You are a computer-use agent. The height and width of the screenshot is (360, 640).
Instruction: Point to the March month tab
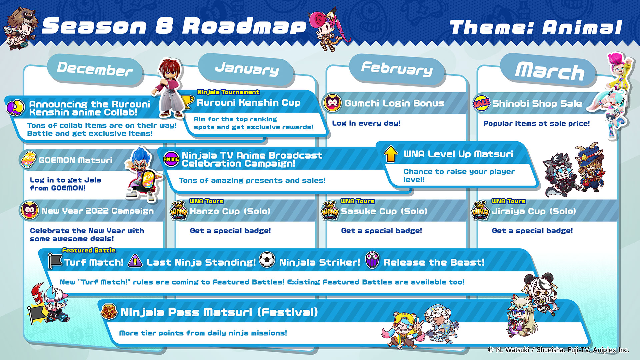(x=549, y=71)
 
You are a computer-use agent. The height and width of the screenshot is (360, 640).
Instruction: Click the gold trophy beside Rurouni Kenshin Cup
(x=187, y=102)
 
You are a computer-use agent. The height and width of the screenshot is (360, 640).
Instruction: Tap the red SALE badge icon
(x=481, y=103)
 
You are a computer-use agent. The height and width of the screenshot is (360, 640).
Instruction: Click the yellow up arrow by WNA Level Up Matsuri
(x=391, y=154)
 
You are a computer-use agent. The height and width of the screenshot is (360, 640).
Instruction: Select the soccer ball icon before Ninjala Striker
(x=267, y=260)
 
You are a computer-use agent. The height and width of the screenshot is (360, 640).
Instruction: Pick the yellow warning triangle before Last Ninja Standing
(x=135, y=261)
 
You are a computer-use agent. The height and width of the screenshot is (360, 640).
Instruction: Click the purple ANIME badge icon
(x=171, y=159)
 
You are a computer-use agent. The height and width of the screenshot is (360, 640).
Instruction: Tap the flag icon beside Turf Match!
(x=55, y=261)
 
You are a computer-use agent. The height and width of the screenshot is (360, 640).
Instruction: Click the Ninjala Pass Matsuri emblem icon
(x=109, y=312)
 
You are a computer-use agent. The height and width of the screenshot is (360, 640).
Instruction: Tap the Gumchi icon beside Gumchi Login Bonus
(x=332, y=103)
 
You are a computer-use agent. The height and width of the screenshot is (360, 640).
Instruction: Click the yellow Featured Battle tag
(x=89, y=250)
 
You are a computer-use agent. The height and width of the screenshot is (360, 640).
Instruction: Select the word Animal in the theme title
(x=582, y=27)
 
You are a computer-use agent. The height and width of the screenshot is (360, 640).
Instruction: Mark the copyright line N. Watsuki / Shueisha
(x=558, y=350)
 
